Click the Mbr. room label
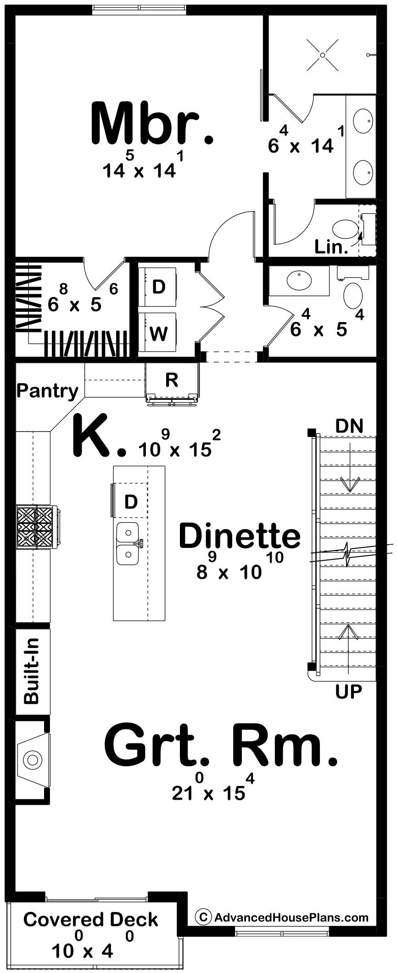(x=153, y=123)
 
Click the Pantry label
(x=48, y=391)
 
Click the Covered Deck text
(x=90, y=919)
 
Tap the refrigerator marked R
(x=172, y=380)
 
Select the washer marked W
(x=158, y=333)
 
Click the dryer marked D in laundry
(x=158, y=287)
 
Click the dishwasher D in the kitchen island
(x=131, y=502)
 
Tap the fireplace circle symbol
(x=33, y=760)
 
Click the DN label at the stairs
(x=349, y=426)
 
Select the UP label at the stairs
(x=349, y=691)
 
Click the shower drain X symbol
(x=322, y=55)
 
